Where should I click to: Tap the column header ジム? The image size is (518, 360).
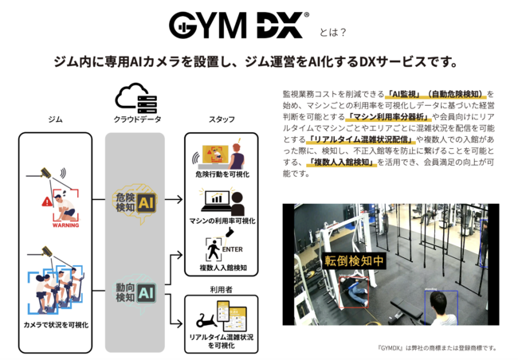(x=55, y=119)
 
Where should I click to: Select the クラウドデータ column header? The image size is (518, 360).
(x=135, y=119)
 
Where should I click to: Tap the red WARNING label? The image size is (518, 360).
(x=65, y=225)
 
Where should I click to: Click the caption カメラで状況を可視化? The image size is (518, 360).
(x=56, y=325)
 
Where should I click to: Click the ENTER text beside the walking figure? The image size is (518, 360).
(x=233, y=249)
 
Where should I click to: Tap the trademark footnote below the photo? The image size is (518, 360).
(x=438, y=347)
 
